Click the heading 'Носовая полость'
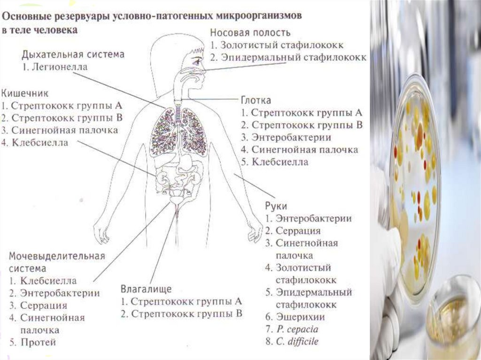250,33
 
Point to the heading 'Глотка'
256,101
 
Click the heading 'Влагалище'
146,288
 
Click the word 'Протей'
38,342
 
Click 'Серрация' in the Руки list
298,231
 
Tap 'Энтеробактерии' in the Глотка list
291,138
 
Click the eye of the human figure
196,61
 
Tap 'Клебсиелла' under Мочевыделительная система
48,281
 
